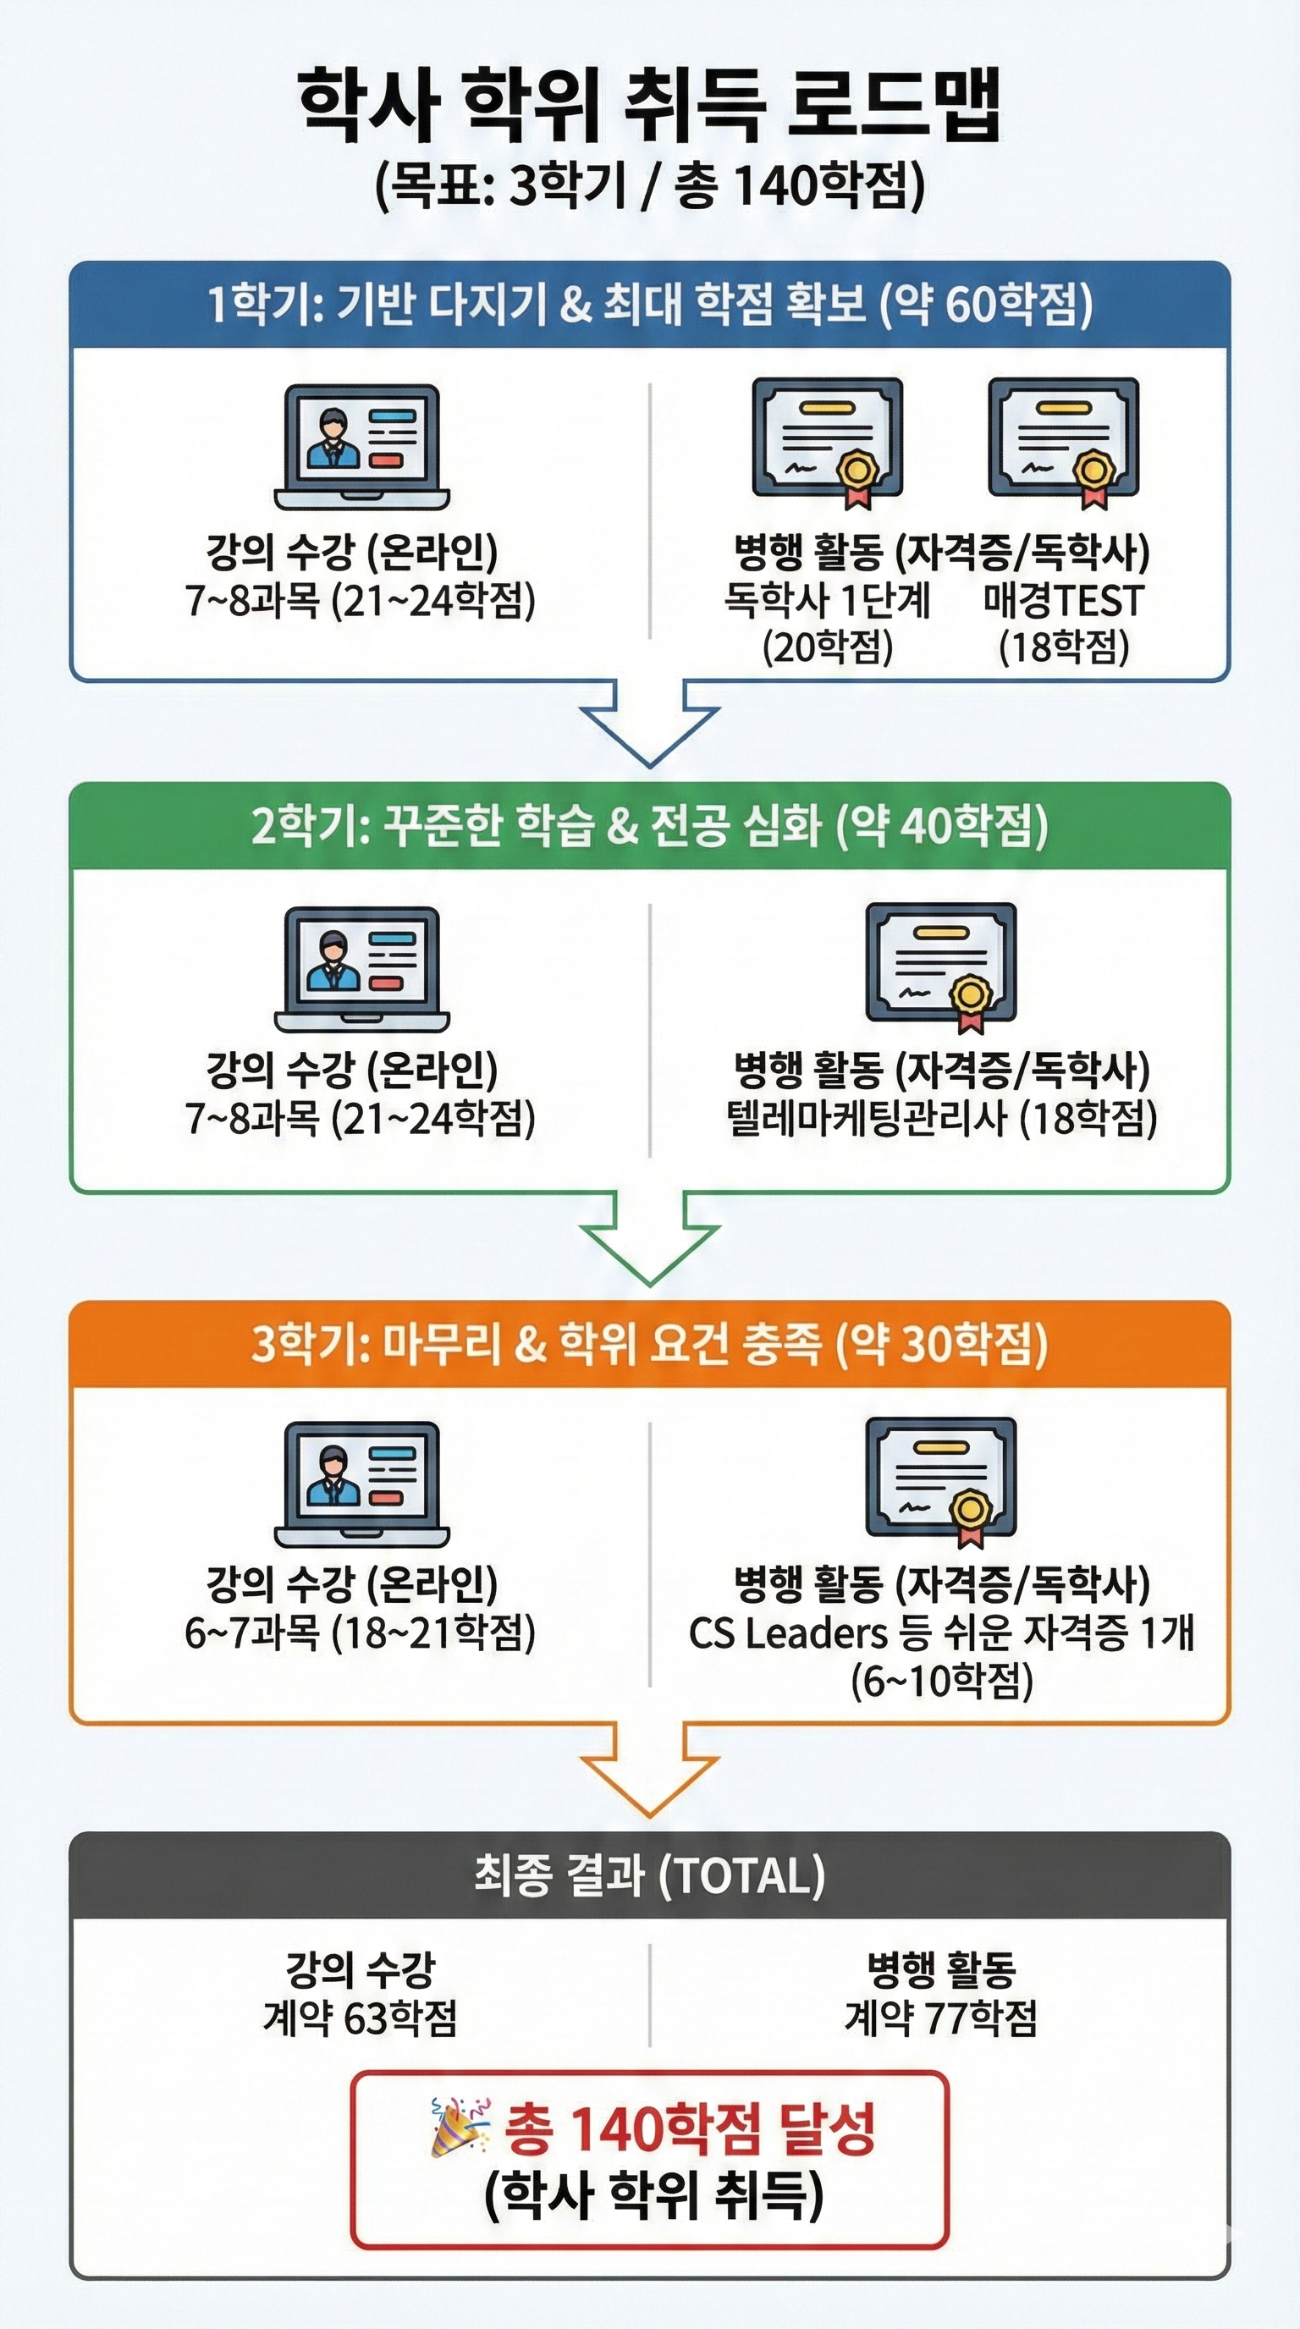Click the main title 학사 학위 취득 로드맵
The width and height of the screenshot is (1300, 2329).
point(649,107)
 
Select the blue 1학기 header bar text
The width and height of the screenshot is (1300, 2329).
point(649,305)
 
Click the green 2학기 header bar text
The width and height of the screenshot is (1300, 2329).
point(649,826)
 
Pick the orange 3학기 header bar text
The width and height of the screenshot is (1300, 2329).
point(649,1345)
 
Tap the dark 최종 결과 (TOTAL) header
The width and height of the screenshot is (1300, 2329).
point(649,1875)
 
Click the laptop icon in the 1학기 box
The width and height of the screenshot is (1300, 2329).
point(361,447)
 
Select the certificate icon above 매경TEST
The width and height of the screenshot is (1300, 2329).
point(1063,441)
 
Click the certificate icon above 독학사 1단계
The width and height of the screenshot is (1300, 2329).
point(827,441)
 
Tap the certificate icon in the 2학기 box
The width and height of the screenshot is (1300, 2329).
point(941,966)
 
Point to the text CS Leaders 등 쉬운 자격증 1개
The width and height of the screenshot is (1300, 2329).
point(941,1633)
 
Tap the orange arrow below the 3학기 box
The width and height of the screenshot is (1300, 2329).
point(649,1770)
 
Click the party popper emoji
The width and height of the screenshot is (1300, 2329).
point(459,2128)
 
